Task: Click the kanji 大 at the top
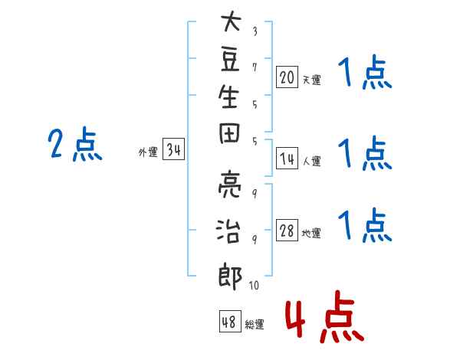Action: (230, 23)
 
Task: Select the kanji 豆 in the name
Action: (230, 62)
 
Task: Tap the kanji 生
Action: (230, 101)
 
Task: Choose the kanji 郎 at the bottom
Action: (230, 275)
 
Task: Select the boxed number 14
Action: (287, 159)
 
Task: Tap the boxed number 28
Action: (287, 231)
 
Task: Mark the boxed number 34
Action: (173, 150)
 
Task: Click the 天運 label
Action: (312, 79)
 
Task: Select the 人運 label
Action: (312, 162)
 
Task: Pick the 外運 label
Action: (148, 152)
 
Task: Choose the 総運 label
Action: (255, 325)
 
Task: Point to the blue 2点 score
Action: (74, 145)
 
